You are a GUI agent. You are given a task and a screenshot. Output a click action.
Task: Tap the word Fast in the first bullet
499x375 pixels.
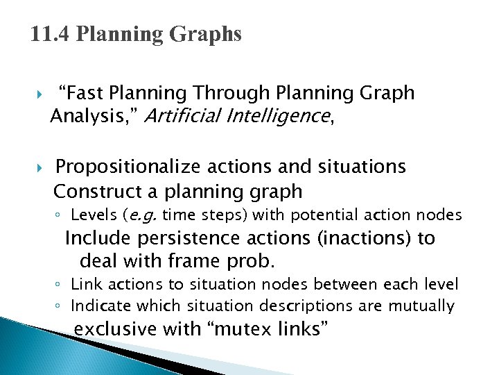click(82, 93)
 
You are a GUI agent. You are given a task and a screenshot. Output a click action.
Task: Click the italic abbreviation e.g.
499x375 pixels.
click(143, 215)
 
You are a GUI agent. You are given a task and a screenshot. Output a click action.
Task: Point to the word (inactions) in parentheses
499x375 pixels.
click(364, 238)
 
